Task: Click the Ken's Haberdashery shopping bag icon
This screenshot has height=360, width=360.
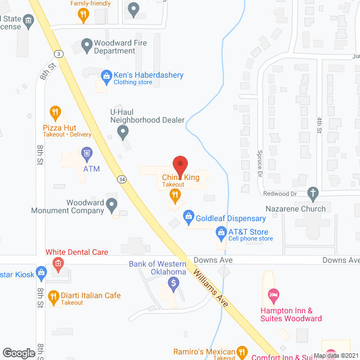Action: click(105, 74)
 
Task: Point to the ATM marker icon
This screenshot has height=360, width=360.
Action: click(86, 152)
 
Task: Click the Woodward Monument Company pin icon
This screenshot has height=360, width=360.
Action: click(112, 204)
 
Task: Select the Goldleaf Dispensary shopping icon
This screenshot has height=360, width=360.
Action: click(188, 215)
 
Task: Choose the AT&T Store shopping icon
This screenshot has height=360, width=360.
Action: click(221, 232)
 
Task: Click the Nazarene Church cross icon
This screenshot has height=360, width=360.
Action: click(313, 194)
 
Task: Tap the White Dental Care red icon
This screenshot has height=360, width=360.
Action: click(57, 263)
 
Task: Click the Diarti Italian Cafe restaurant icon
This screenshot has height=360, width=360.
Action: click(53, 296)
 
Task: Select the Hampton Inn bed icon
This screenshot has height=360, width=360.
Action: click(273, 294)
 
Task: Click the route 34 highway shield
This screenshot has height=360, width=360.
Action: click(121, 179)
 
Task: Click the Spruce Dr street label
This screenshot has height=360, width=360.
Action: click(260, 161)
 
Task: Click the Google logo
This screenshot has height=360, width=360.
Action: click(19, 353)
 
